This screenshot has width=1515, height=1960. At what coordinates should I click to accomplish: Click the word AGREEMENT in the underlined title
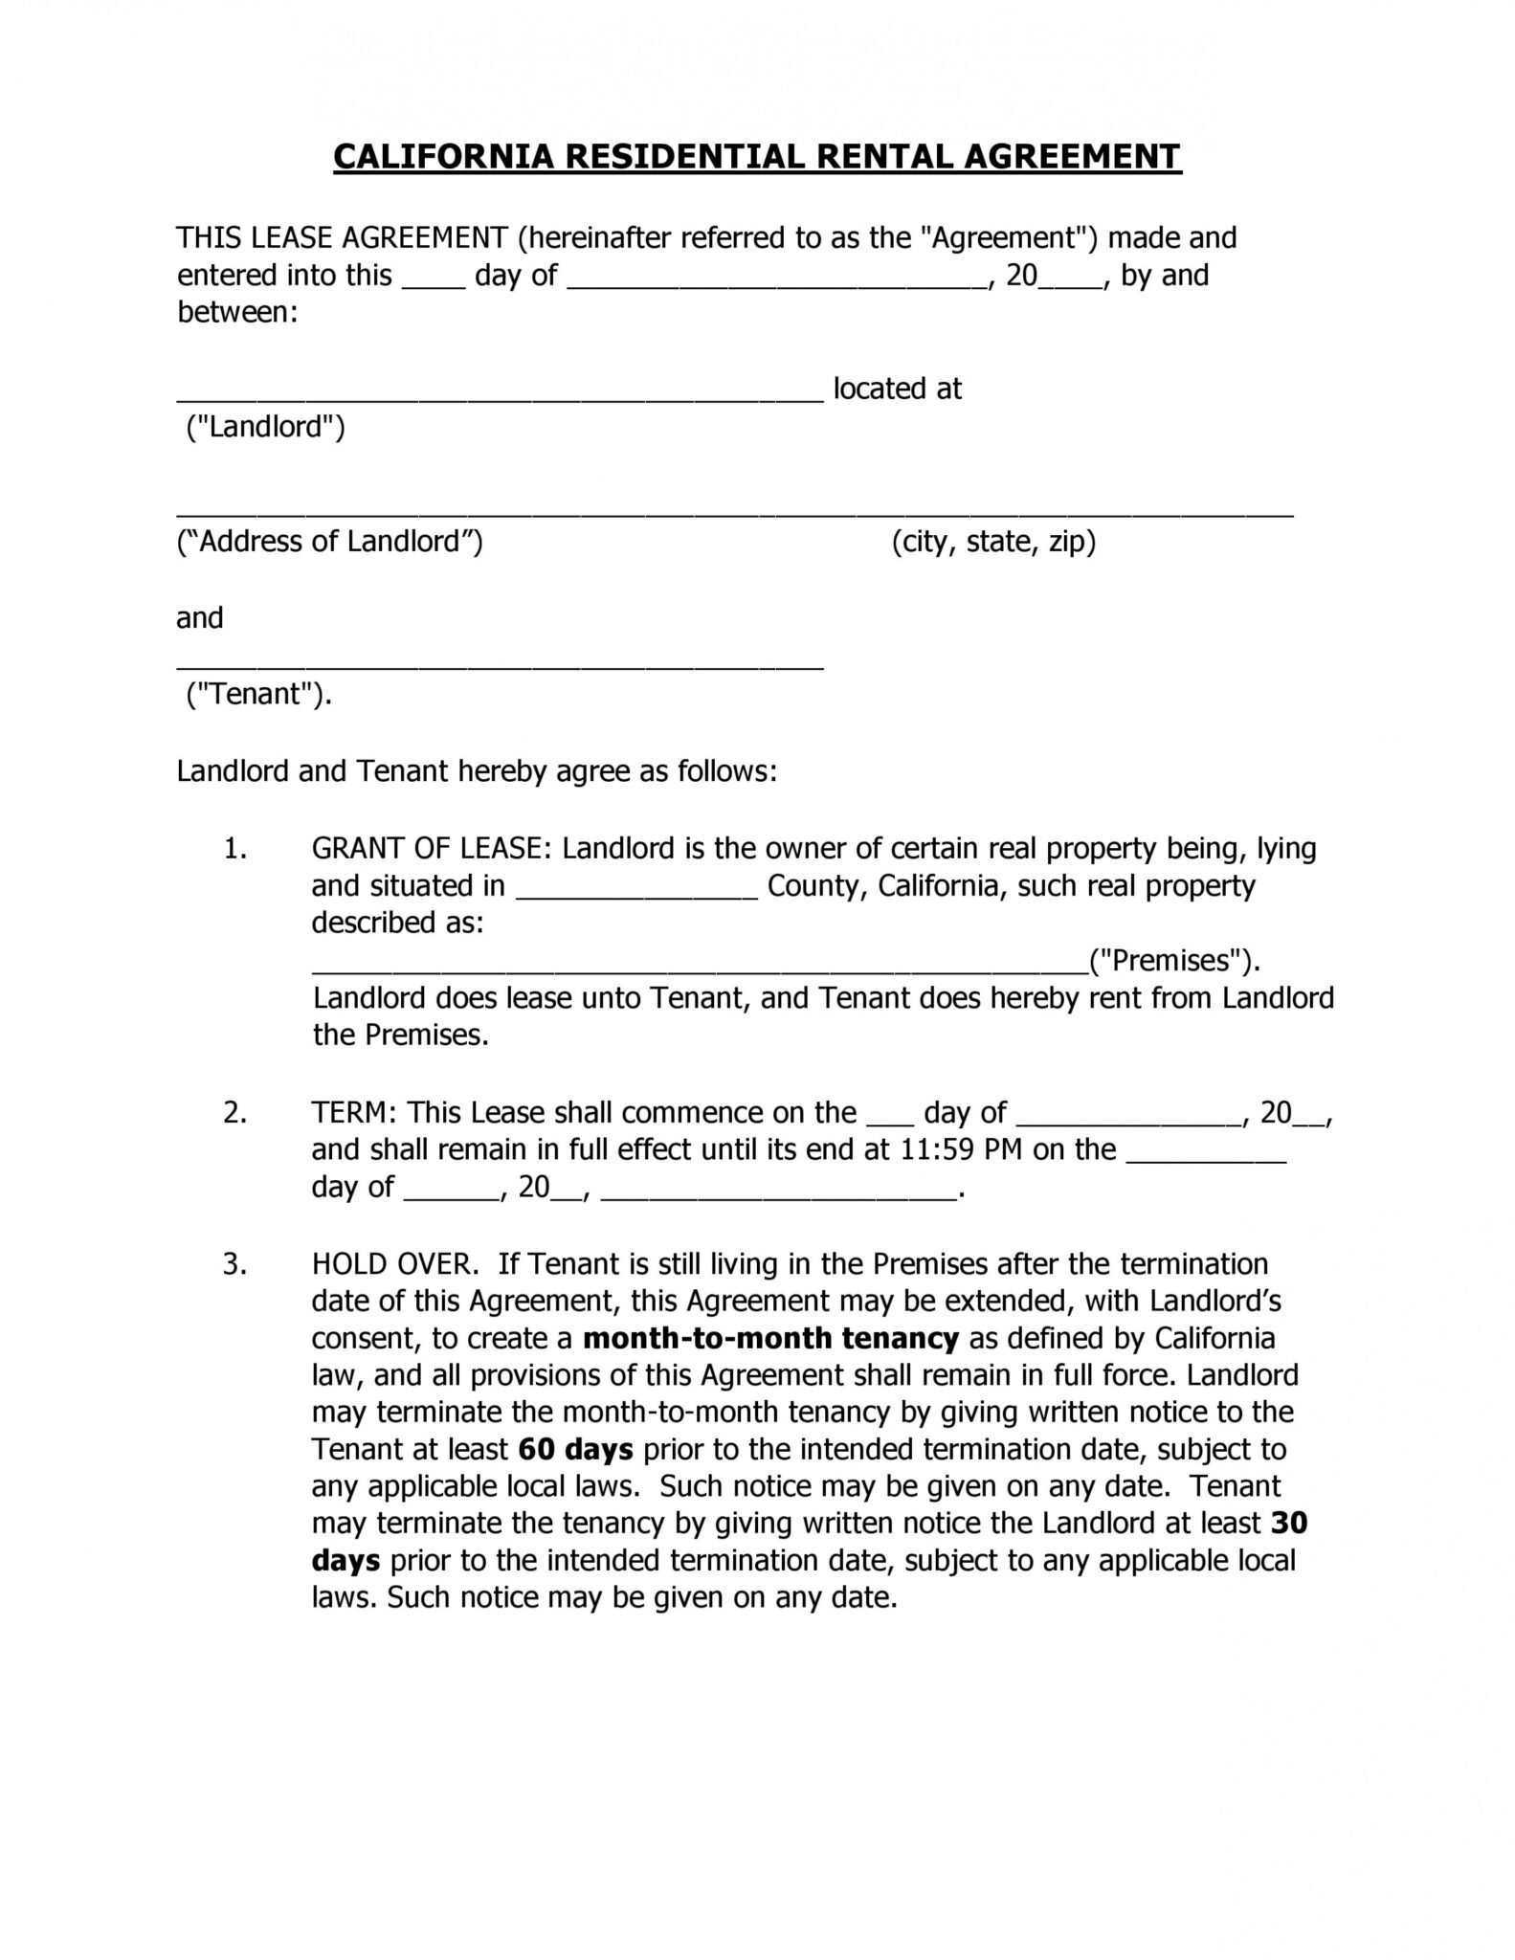pyautogui.click(x=1072, y=156)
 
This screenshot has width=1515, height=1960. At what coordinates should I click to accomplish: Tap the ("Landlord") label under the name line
pyautogui.click(x=265, y=426)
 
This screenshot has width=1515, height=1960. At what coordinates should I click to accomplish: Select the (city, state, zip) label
pyautogui.click(x=993, y=542)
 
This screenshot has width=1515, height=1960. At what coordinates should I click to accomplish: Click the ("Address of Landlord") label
pyautogui.click(x=330, y=542)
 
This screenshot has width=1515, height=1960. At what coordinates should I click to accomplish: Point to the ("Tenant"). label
pyautogui.click(x=258, y=694)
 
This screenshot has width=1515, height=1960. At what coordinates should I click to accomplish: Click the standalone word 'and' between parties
pyautogui.click(x=199, y=618)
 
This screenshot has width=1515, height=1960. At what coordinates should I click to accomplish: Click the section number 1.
pyautogui.click(x=234, y=848)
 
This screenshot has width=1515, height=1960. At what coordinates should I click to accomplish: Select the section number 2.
pyautogui.click(x=234, y=1112)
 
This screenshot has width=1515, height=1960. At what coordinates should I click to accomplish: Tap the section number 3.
pyautogui.click(x=234, y=1263)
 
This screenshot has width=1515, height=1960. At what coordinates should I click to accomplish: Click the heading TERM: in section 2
pyautogui.click(x=354, y=1112)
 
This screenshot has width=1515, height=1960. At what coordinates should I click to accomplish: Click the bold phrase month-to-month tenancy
pyautogui.click(x=770, y=1338)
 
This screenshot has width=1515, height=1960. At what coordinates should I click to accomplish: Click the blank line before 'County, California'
pyautogui.click(x=637, y=896)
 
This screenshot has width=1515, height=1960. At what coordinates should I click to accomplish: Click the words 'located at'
pyautogui.click(x=897, y=389)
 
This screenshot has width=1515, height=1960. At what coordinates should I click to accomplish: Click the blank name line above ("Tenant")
pyautogui.click(x=500, y=666)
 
